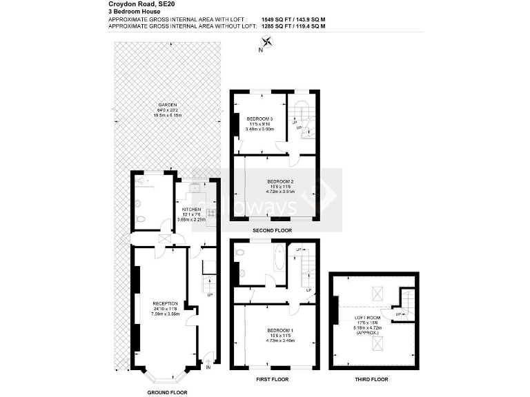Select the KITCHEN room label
point(191,209)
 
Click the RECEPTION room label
point(164,303)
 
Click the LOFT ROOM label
point(368,318)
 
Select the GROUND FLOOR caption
point(167,392)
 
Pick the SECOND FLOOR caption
point(273,230)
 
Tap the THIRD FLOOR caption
point(371,380)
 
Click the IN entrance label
point(208,367)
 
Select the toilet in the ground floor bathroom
point(141,220)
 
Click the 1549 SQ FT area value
point(275,20)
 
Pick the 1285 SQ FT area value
point(275,26)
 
